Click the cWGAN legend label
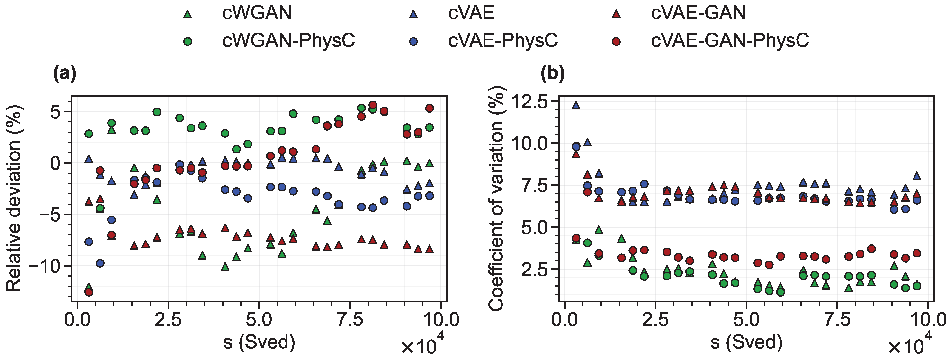point(257,13)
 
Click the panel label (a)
point(65,73)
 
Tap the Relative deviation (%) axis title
point(15,198)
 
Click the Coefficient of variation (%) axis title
point(496,198)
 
